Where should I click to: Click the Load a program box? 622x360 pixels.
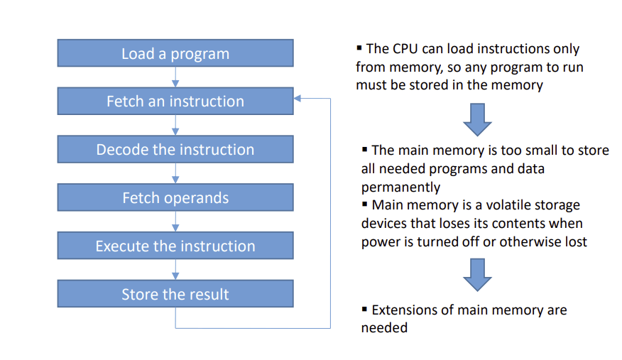[175, 53]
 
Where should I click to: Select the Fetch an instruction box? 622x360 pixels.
[175, 101]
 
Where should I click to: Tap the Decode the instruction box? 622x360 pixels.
[175, 149]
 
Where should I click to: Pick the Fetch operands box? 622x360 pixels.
[175, 197]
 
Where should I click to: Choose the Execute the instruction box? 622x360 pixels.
[175, 246]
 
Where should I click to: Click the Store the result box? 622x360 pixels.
[175, 294]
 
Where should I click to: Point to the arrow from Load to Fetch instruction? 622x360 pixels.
[175, 77]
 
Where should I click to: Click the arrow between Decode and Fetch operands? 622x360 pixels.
[175, 173]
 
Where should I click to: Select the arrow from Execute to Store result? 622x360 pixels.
[175, 270]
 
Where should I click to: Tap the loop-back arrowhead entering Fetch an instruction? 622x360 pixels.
[297, 98]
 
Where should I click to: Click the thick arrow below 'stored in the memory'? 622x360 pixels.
[477, 120]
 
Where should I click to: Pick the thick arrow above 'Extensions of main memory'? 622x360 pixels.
[477, 275]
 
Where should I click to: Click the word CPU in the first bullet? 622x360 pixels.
[405, 49]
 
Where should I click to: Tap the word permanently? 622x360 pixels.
[400, 187]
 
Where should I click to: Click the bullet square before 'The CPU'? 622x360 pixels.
[359, 48]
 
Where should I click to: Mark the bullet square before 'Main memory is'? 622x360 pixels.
[364, 204]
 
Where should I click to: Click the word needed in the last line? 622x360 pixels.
[384, 328]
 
